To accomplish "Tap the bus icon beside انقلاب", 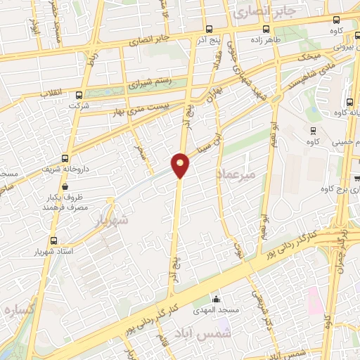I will click(77, 94).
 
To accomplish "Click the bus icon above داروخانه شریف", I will click(65, 158).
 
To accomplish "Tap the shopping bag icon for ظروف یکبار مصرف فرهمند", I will click(65, 187).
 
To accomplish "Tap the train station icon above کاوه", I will click(312, 130).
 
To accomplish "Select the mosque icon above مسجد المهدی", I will click(216, 300).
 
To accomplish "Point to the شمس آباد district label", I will click(210, 330).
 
